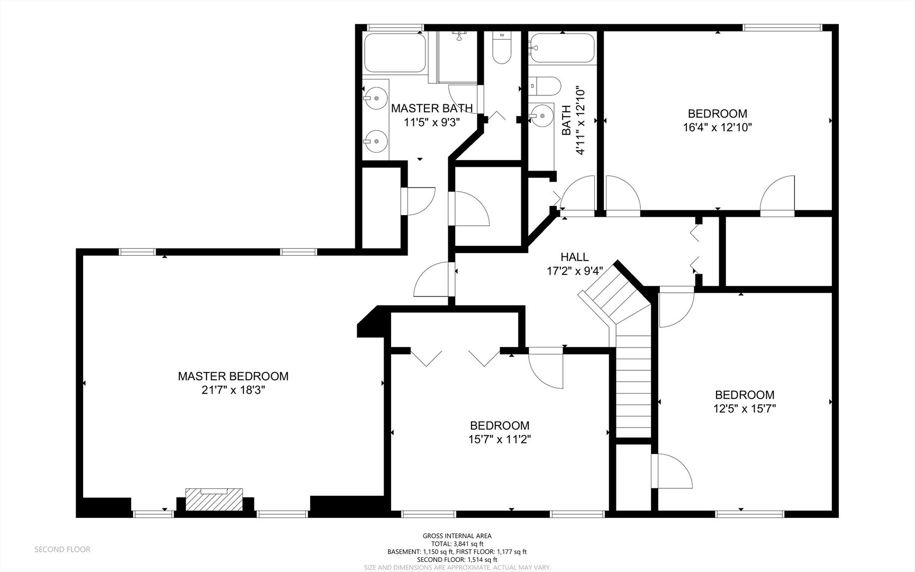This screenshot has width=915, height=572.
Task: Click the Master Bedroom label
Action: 233,376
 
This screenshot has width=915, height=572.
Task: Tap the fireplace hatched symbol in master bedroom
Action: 214,499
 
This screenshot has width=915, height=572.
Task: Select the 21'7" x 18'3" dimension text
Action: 233,390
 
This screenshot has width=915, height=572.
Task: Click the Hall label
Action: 574,257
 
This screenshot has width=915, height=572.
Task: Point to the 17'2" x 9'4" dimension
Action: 575,271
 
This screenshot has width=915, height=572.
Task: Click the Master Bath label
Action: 431,109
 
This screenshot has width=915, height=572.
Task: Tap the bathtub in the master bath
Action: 395,52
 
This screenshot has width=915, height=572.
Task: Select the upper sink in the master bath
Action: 376,97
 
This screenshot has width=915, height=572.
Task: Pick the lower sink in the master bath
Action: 376,141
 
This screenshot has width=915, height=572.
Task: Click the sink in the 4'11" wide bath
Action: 541,115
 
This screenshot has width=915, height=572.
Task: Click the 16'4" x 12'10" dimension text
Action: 717,127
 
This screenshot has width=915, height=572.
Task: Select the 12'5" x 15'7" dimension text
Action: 745,408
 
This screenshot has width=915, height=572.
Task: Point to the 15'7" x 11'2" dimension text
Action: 500,439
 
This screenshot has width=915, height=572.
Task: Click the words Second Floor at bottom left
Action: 62,549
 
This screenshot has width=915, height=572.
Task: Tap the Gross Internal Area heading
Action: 457,536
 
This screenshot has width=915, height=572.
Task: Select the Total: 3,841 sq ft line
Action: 457,543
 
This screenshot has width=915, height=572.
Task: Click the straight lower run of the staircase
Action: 633,384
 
